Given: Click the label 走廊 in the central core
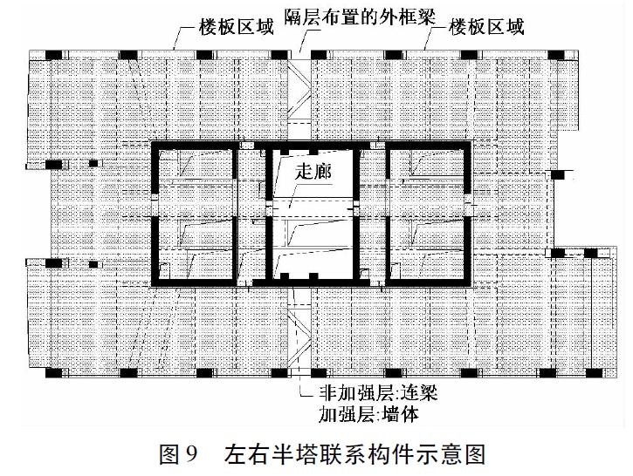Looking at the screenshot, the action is click(313, 172).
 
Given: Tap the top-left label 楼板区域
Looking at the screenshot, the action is click(236, 27).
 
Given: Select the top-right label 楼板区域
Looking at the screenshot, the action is click(486, 27).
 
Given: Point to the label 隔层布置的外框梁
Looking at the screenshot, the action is click(360, 17).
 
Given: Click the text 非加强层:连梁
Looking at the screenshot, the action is click(378, 392).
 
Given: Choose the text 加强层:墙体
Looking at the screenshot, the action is click(368, 414).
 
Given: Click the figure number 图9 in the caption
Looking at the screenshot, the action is click(178, 454).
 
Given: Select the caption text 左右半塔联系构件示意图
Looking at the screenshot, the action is click(355, 454).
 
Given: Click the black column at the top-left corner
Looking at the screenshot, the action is click(53, 55).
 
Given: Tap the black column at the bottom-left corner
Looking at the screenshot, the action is click(53, 373).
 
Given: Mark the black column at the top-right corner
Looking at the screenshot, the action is click(556, 55).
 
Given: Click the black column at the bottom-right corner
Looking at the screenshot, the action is click(594, 373).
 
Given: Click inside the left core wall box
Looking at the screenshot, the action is click(194, 214).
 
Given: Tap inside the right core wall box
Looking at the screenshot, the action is click(429, 214).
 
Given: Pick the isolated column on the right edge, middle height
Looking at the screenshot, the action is click(558, 174).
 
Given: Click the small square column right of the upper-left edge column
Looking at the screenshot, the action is click(93, 163).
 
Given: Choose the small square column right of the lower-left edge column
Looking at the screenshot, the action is click(93, 264).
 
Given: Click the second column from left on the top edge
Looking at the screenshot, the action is click(128, 55).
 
